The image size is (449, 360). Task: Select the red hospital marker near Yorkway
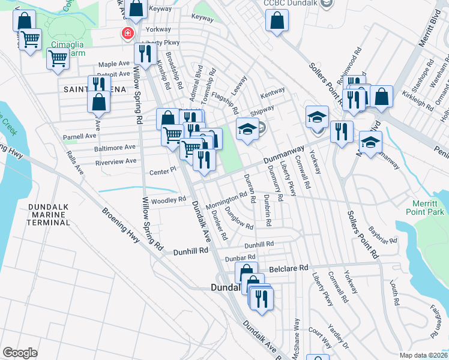(127, 33)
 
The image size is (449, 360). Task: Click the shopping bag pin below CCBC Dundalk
(277, 22)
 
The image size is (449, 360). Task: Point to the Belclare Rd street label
(288, 268)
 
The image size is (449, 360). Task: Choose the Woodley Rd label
(169, 200)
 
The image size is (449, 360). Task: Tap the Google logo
(20, 353)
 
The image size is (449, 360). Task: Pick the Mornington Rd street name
(226, 200)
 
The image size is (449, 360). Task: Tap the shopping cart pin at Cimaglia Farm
(58, 59)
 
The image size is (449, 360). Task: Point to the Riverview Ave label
(116, 161)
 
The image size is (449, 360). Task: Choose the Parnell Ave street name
(80, 136)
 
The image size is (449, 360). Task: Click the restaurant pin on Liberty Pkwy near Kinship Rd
(144, 54)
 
